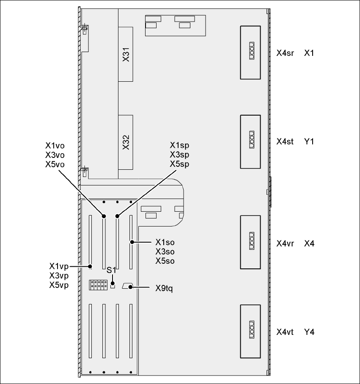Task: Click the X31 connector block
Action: pos(126,54)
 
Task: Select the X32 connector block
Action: pos(126,142)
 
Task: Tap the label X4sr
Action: pos(285,54)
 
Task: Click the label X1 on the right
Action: pos(309,54)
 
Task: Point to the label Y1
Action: pos(309,141)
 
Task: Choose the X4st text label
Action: pos(285,141)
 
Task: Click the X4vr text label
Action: pos(285,243)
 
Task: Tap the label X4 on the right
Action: pos(309,243)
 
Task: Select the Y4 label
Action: pos(309,332)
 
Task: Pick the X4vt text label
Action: pos(285,332)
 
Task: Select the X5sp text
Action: pos(179,164)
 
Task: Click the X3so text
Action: pos(165,251)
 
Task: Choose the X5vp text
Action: pos(59,285)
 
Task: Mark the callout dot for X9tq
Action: pos(132,287)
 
